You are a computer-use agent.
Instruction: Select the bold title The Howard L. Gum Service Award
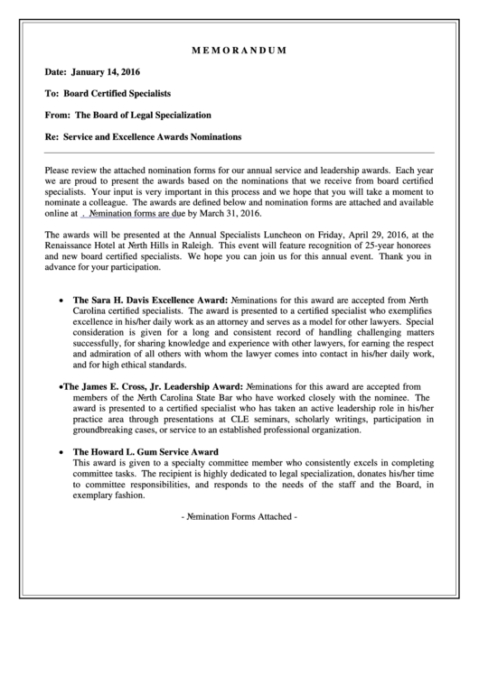[x=145, y=451]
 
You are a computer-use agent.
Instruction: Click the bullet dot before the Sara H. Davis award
[x=61, y=298]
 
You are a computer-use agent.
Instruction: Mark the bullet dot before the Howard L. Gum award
[x=61, y=452]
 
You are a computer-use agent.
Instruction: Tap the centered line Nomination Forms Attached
[x=239, y=517]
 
